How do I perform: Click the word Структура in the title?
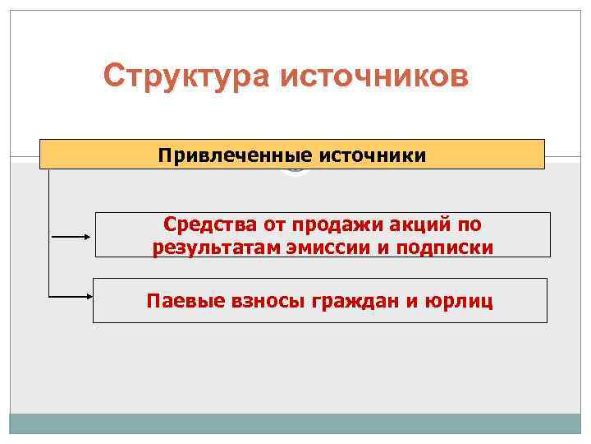pyautogui.click(x=187, y=76)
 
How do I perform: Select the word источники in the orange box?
pyautogui.click(x=373, y=155)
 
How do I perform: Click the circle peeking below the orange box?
pyautogui.click(x=295, y=171)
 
